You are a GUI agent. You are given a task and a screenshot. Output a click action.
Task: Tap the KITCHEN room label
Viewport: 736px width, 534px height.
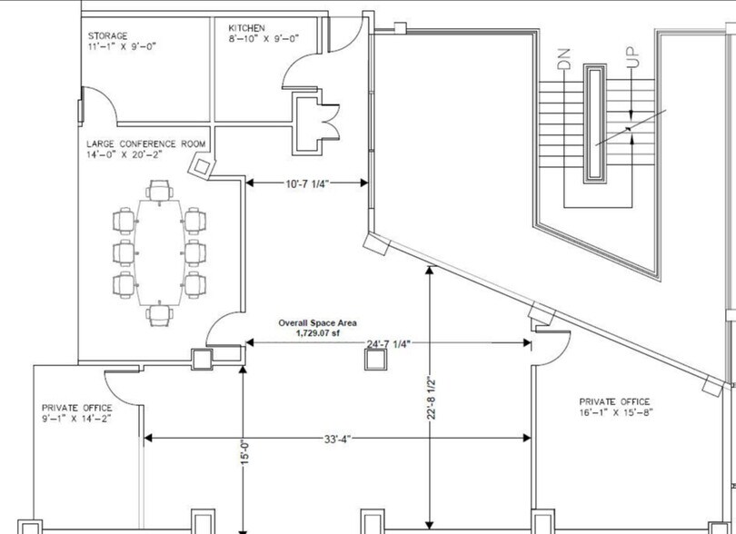[x=247, y=28]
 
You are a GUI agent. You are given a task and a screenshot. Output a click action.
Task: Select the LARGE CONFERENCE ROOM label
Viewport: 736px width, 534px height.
[x=145, y=143]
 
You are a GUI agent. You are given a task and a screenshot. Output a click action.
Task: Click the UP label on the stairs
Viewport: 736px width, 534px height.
[x=634, y=56]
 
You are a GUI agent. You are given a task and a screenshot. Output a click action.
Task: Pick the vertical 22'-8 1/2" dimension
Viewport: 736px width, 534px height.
[x=434, y=400]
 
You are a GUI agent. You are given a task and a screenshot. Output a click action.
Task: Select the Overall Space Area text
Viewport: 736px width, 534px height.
[x=317, y=322]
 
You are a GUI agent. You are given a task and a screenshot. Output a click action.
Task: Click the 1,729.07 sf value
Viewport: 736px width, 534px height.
[x=317, y=333]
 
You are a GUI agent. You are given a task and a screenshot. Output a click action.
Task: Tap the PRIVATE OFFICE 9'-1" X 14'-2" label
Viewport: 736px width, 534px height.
[x=76, y=413]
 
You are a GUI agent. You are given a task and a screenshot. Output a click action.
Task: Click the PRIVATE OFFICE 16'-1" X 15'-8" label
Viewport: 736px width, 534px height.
[x=615, y=406]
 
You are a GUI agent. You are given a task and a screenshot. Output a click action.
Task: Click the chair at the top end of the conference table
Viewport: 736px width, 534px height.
[x=160, y=191]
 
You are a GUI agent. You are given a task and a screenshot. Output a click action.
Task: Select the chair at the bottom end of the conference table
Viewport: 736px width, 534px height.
[x=160, y=315]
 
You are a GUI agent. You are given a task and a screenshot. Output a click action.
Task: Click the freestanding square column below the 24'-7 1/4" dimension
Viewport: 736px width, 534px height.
[x=374, y=361]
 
